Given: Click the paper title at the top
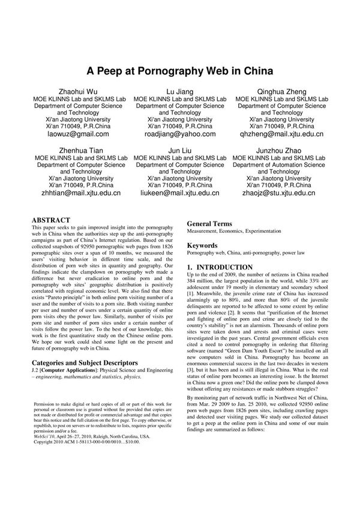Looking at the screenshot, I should click(x=180, y=70).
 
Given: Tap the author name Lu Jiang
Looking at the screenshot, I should click(x=179, y=91).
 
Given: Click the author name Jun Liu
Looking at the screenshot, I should click(x=179, y=149).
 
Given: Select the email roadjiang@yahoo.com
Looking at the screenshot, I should click(x=179, y=135).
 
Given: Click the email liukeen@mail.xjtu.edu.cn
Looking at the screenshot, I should click(x=179, y=193).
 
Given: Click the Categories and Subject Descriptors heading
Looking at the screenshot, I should click(x=90, y=364).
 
